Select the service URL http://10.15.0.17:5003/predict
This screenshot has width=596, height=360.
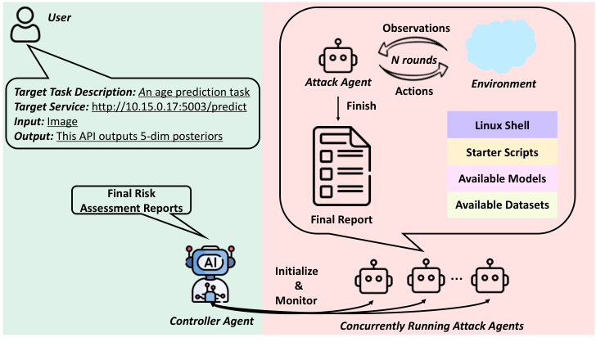tap(170, 106)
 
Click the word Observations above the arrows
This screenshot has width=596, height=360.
tap(416, 27)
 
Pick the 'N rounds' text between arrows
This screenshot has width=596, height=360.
tap(414, 60)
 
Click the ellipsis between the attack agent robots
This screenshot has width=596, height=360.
tap(455, 279)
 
